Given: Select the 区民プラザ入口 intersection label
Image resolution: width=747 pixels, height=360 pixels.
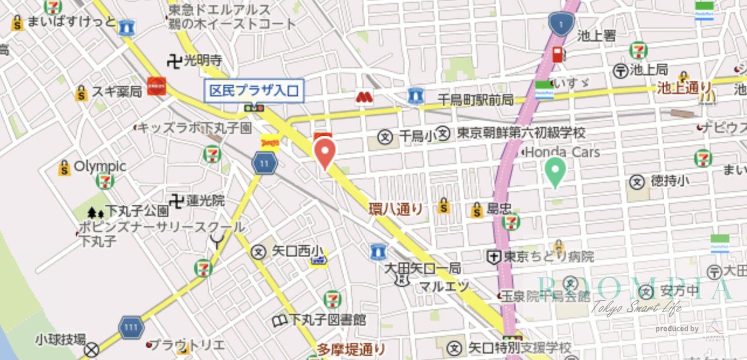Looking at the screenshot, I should (254, 91).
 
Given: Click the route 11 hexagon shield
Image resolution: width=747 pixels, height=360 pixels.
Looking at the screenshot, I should (265, 164).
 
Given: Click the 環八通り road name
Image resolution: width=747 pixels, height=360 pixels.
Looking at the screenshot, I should (396, 209).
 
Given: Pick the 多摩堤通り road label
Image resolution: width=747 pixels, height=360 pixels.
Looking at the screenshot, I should (351, 349).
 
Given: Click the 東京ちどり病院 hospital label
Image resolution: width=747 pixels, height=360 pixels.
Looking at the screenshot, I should (549, 257).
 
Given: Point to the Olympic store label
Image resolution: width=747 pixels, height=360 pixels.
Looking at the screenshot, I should (99, 167).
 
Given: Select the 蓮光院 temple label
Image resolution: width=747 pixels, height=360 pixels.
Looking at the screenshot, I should (205, 200).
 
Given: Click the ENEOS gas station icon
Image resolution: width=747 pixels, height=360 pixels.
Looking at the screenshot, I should (157, 85).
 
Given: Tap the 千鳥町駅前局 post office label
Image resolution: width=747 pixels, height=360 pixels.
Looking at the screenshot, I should (475, 100).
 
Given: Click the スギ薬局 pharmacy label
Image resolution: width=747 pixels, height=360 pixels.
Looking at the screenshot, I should (116, 92).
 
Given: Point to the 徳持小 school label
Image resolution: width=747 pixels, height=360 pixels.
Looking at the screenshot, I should (670, 181).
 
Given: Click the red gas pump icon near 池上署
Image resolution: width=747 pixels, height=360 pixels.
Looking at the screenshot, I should (559, 55).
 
